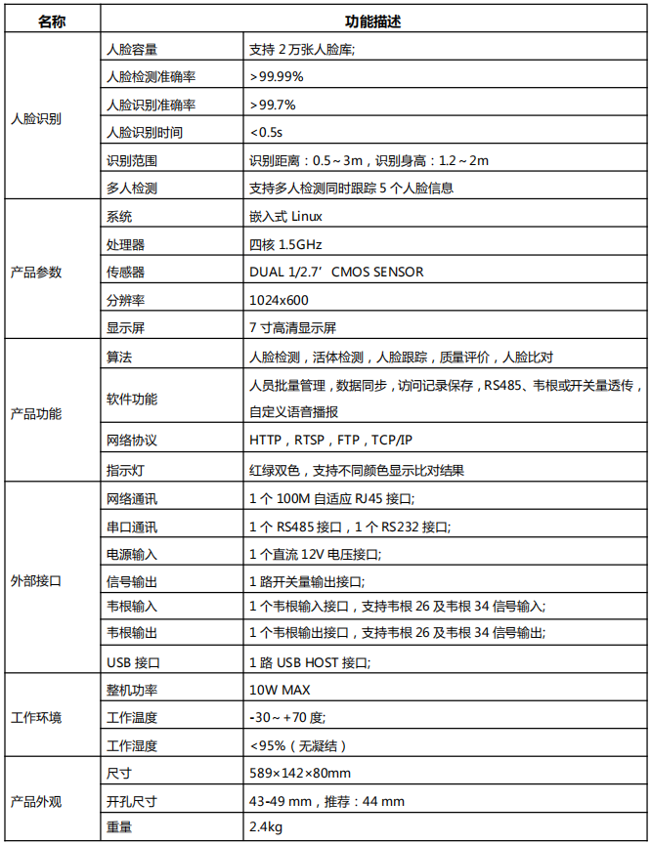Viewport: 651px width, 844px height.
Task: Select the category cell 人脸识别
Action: pyautogui.click(x=36, y=118)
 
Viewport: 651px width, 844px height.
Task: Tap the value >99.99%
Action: pyautogui.click(x=277, y=75)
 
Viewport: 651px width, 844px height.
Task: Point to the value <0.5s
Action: pyautogui.click(x=266, y=132)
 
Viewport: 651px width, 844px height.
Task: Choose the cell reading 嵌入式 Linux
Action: pyautogui.click(x=285, y=216)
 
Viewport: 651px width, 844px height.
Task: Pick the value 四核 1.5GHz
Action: pyautogui.click(x=285, y=244)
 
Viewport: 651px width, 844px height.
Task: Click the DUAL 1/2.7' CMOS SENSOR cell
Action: pyautogui.click(x=336, y=272)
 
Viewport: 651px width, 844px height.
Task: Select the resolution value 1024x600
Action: pyautogui.click(x=279, y=300)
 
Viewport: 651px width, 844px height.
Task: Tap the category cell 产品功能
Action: pyautogui.click(x=36, y=413)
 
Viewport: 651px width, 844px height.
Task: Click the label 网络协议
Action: pyautogui.click(x=132, y=441)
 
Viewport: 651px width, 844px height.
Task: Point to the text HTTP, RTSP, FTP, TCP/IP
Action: pyautogui.click(x=331, y=441)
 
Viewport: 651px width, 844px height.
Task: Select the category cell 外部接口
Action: pyautogui.click(x=36, y=580)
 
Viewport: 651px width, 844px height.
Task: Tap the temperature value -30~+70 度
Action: pyautogui.click(x=286, y=718)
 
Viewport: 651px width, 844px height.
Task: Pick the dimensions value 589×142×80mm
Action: pyautogui.click(x=300, y=774)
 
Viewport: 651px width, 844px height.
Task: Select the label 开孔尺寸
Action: pyautogui.click(x=132, y=801)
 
